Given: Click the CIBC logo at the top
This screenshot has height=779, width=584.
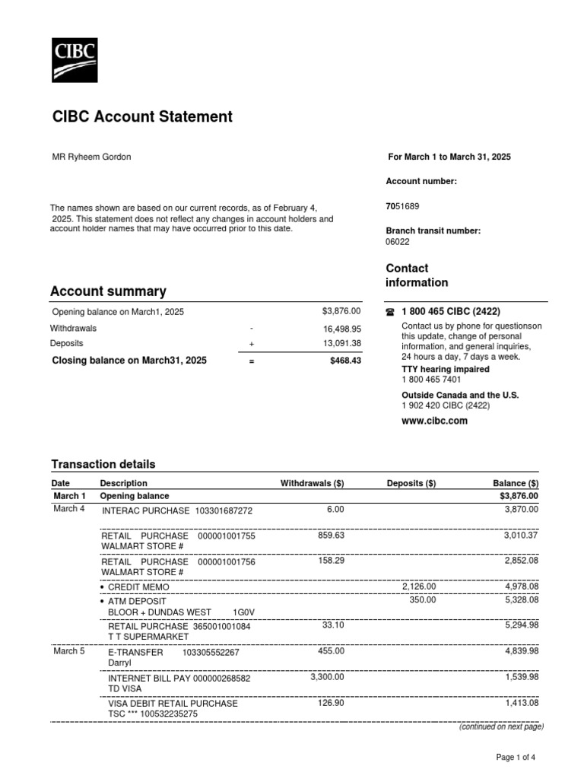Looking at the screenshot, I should point(74,59).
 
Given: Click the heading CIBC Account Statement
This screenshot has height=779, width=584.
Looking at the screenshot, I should point(142,116).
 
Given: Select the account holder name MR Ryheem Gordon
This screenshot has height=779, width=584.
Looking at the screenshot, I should point(90,157).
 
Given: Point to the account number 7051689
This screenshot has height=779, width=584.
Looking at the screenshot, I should point(402,206).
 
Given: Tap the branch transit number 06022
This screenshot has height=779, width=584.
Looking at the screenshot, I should point(398,242).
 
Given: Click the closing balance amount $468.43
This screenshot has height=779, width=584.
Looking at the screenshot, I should point(345,361).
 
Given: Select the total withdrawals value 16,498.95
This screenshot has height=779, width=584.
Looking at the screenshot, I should point(341,329).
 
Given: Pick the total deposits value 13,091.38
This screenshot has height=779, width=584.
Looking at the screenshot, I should point(341,344).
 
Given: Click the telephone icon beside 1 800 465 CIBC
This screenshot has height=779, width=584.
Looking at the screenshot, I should point(390,312).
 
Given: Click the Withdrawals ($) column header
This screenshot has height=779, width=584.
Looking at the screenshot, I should point(312,483).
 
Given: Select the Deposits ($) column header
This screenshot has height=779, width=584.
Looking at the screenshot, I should point(411,483).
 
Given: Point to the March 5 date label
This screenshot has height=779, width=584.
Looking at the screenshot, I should point(69,651).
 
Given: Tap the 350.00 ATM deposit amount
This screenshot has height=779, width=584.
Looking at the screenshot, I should point(423,599).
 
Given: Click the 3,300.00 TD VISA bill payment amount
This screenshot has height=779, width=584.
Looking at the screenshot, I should point(327,677).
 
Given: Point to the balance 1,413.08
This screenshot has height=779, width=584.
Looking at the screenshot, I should point(522,704).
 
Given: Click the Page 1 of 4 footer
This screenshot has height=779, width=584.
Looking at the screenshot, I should point(516,757).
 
